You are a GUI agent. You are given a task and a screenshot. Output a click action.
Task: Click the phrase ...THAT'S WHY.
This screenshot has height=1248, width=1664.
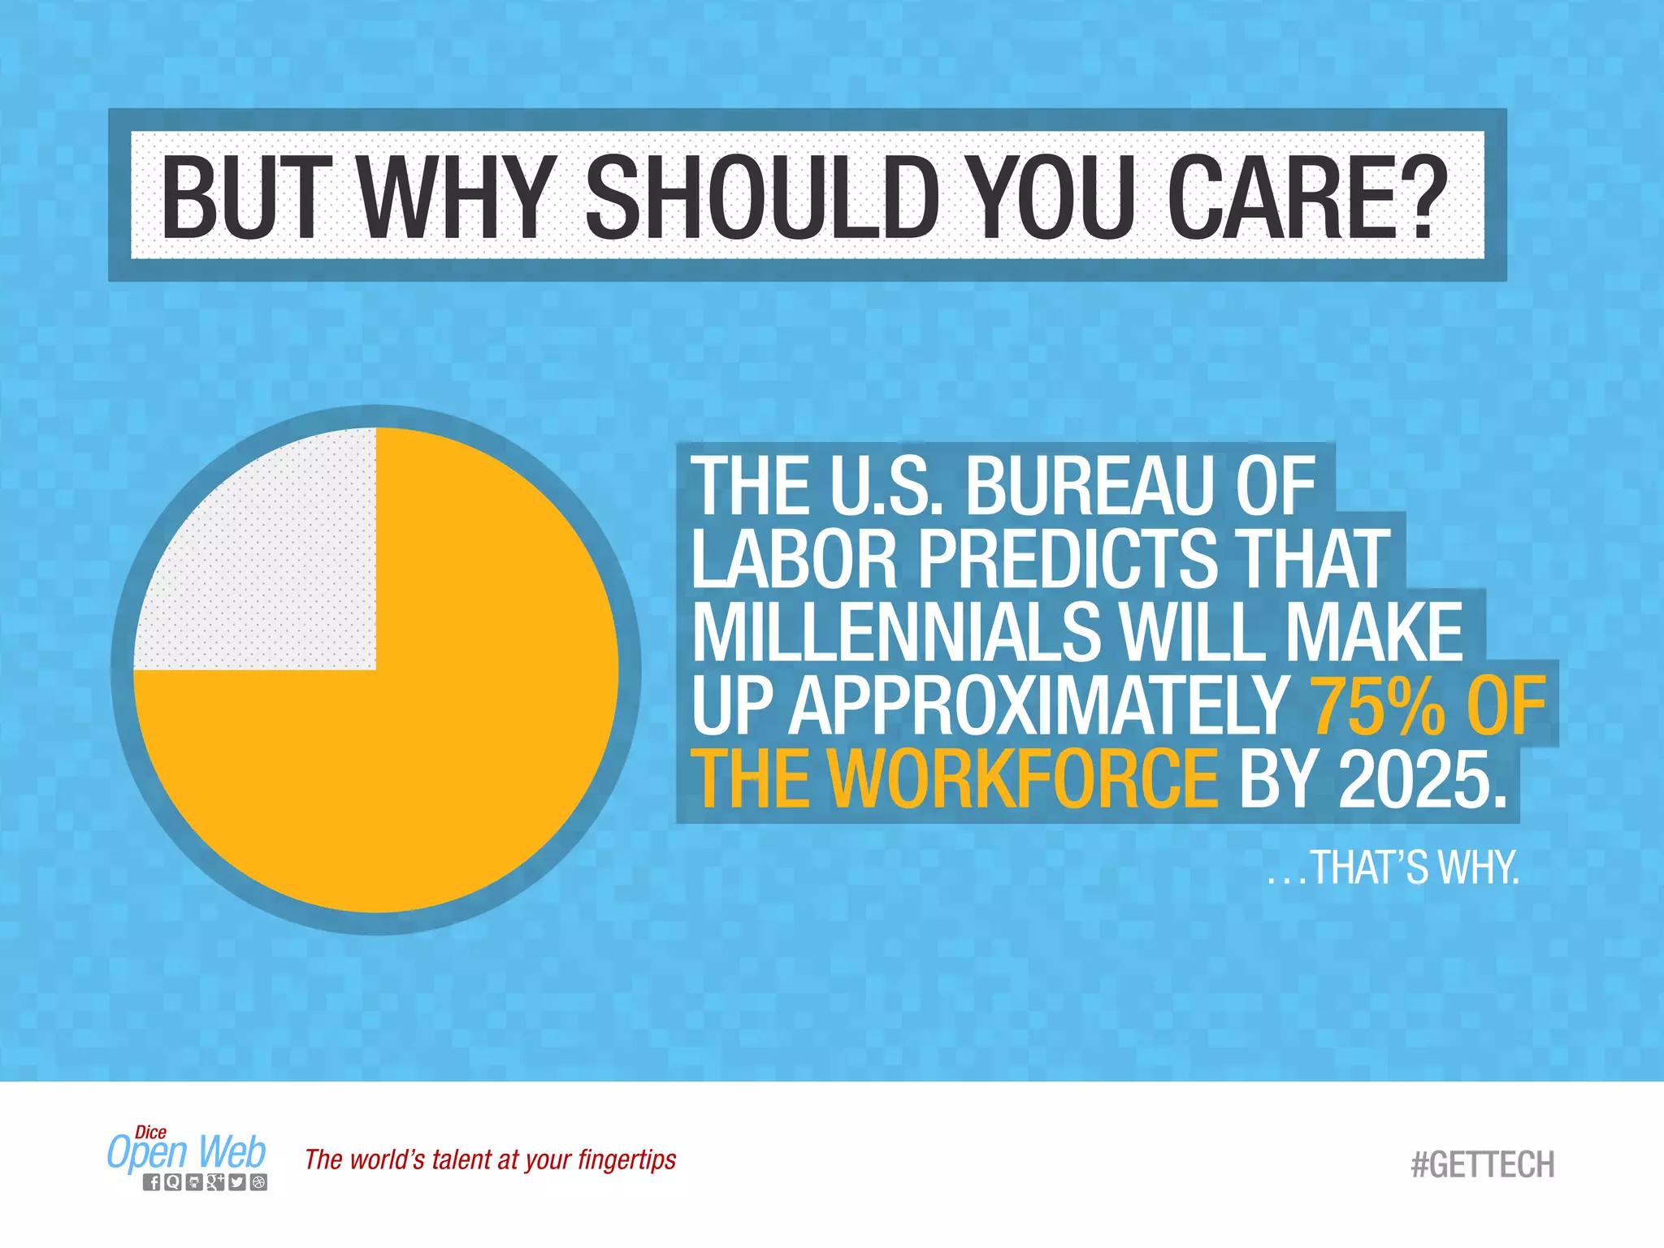(1393, 867)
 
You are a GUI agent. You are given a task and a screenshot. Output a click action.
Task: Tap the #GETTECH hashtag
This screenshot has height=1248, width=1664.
(1483, 1164)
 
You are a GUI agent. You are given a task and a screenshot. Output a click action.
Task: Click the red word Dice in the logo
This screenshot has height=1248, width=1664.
(150, 1132)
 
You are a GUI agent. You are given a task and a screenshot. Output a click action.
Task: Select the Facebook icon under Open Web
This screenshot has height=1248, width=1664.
(152, 1182)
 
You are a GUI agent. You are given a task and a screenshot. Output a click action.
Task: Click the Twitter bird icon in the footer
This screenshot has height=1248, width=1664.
(236, 1182)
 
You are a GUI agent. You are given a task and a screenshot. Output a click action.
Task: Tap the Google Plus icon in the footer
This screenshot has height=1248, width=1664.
(215, 1182)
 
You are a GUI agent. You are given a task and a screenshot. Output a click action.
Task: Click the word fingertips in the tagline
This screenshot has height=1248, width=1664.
(626, 1160)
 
